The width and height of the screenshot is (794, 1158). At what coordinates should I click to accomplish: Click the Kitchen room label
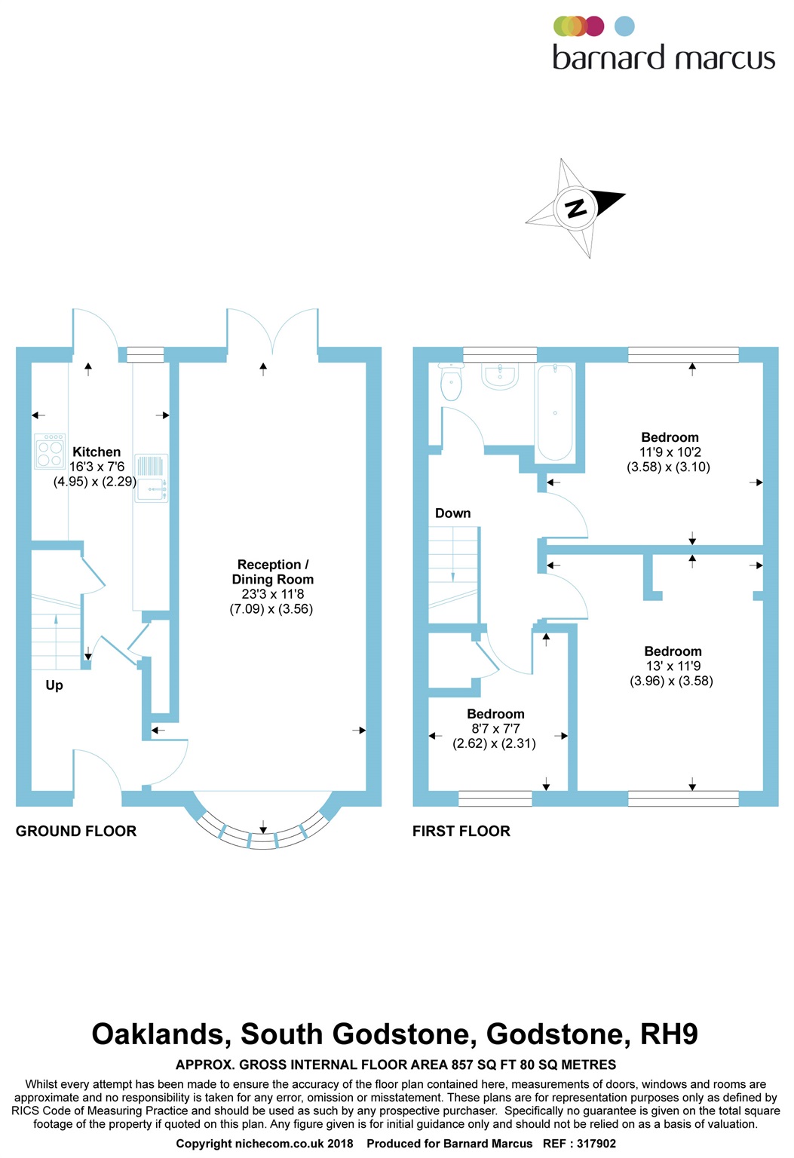click(x=97, y=452)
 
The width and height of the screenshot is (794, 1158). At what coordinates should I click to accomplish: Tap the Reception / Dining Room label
click(x=272, y=572)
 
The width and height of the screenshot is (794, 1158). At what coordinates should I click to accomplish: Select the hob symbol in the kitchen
click(x=50, y=451)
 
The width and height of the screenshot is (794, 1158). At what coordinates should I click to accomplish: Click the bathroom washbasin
click(x=500, y=375)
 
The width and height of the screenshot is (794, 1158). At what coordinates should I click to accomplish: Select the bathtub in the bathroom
click(x=554, y=412)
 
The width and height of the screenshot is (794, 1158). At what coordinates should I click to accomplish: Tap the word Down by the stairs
click(x=452, y=513)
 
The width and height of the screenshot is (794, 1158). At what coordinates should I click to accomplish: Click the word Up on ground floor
click(x=54, y=685)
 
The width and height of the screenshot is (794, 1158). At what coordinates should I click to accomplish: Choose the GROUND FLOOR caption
click(x=76, y=831)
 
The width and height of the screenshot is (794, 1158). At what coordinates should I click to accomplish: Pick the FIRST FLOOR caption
click(x=461, y=831)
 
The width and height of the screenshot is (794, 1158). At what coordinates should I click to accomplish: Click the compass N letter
click(x=576, y=207)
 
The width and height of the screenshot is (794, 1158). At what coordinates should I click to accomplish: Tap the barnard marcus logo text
click(x=664, y=58)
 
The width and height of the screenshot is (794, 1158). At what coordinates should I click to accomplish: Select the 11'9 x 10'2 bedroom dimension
click(x=670, y=452)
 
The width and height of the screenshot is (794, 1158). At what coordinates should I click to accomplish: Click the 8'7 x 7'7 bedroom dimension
click(x=495, y=729)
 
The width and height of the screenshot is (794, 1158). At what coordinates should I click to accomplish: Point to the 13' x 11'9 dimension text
click(x=673, y=666)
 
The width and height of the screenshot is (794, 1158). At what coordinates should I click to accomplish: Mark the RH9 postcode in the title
click(x=669, y=1034)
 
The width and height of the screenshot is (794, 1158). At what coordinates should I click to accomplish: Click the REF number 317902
click(x=596, y=1144)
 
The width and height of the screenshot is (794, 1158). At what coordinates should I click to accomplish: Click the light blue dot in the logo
click(x=624, y=26)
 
